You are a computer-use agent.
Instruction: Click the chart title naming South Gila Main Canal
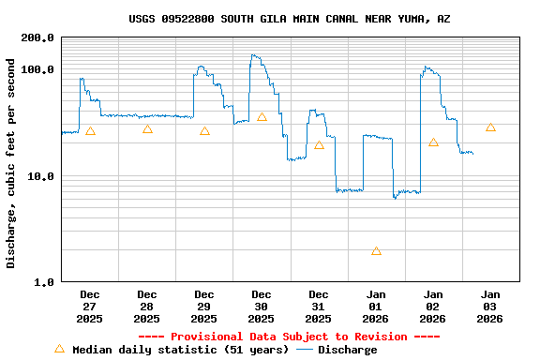(x=289, y=19)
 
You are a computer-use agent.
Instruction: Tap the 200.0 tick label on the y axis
(x=37, y=38)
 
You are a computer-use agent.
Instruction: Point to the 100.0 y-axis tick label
(x=37, y=70)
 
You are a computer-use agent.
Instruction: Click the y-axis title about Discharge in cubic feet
(x=11, y=163)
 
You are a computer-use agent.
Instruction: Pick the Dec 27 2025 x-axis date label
(x=90, y=307)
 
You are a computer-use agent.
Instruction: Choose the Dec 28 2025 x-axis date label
(x=147, y=307)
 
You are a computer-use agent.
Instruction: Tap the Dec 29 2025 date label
(x=204, y=307)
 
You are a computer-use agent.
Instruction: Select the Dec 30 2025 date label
(x=262, y=307)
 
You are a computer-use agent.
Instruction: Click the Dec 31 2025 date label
(x=319, y=307)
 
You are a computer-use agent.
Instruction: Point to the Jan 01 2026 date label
(x=376, y=307)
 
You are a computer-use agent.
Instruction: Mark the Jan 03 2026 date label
(x=490, y=307)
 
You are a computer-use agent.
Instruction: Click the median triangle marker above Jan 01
(x=376, y=250)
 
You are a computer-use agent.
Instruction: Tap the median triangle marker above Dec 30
(x=262, y=117)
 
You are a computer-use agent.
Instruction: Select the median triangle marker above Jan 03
(x=490, y=127)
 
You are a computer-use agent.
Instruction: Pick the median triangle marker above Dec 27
(x=90, y=130)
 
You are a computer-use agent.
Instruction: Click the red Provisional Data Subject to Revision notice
(x=289, y=337)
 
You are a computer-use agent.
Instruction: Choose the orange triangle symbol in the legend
(x=59, y=349)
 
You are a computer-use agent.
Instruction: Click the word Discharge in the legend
(x=347, y=350)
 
